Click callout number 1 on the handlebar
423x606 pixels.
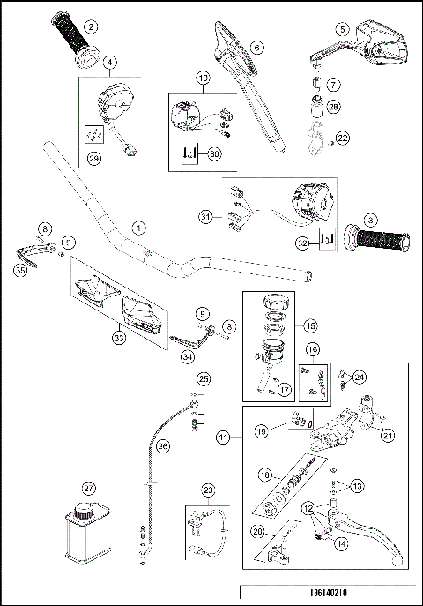click(137, 226)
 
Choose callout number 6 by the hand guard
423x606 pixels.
click(256, 48)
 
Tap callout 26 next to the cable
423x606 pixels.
click(163, 447)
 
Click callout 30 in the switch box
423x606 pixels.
click(213, 153)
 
